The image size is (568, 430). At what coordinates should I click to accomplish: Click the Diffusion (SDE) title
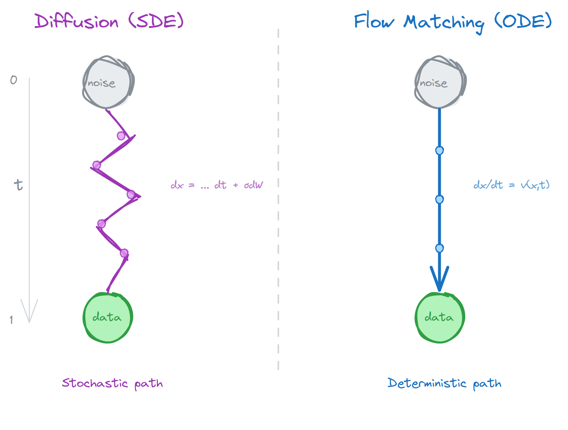[x=109, y=21]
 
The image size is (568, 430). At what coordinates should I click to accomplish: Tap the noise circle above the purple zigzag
[x=108, y=82]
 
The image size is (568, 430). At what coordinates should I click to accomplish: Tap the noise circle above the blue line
[x=440, y=82]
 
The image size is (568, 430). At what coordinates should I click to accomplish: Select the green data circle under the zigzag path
[x=108, y=317]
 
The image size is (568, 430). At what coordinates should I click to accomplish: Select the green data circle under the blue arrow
[x=440, y=317]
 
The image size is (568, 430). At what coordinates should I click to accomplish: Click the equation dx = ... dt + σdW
[x=217, y=185]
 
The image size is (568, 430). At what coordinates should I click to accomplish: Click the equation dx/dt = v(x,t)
[x=511, y=185]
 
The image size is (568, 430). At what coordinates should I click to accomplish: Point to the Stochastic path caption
[x=112, y=383]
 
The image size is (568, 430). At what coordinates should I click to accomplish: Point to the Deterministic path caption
[x=444, y=383]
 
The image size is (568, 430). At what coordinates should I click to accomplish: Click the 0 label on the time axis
[x=13, y=80]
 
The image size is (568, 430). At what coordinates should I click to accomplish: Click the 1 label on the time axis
[x=11, y=320]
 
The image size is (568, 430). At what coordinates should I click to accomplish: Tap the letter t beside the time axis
[x=19, y=185]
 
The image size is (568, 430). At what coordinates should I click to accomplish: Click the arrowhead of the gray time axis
[x=29, y=313]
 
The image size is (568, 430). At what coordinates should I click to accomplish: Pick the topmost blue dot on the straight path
[x=439, y=150]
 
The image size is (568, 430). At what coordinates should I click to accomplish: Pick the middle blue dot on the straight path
[x=439, y=199]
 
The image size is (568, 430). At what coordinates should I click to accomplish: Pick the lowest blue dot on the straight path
[x=439, y=248]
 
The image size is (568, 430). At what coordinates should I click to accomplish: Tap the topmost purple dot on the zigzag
[x=121, y=136]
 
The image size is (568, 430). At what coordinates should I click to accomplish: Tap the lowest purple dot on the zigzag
[x=124, y=253]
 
